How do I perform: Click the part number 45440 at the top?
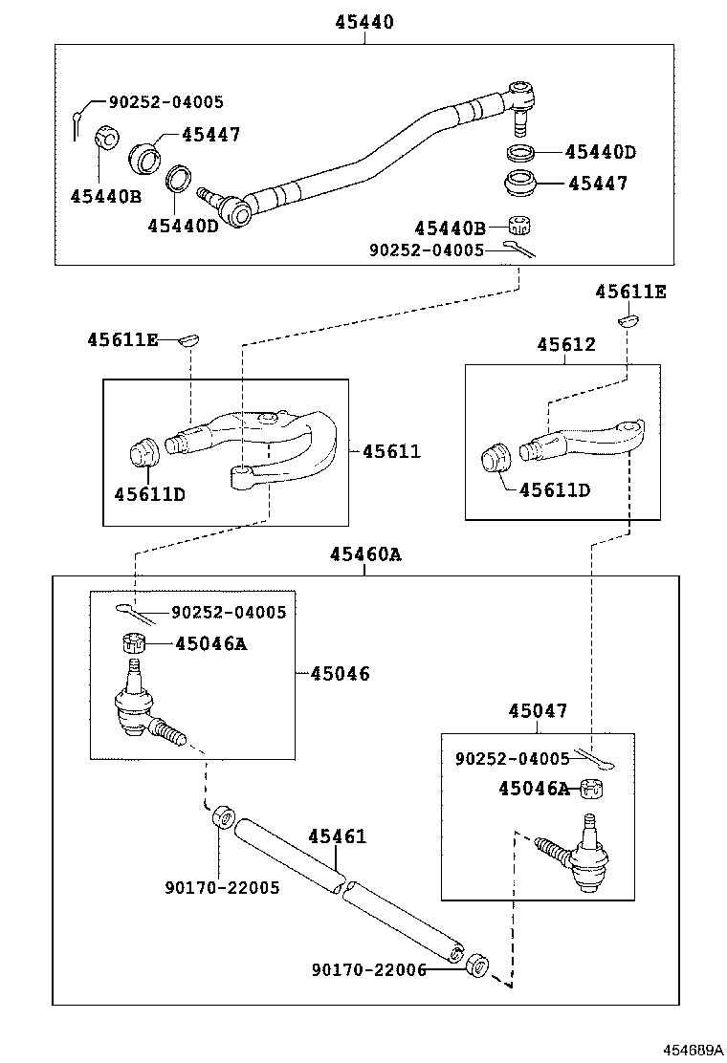coord(363,21)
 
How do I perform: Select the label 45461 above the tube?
coord(337,837)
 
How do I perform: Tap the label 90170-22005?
coord(221,887)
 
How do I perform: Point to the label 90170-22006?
coord(368,969)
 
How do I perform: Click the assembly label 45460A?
coord(365,553)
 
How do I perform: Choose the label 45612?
coord(565,345)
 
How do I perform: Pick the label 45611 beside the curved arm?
coord(391,450)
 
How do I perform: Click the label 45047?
coord(538,711)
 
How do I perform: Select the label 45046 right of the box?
coord(340,674)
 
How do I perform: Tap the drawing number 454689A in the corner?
coord(690,1050)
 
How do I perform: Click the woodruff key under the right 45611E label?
coord(628,320)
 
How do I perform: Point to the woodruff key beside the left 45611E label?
coord(188,336)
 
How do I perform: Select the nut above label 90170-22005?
coord(223,817)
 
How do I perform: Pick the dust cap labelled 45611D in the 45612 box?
coord(495,459)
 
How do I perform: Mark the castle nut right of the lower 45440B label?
coord(522,227)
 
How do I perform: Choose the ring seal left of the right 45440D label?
coord(521,152)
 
